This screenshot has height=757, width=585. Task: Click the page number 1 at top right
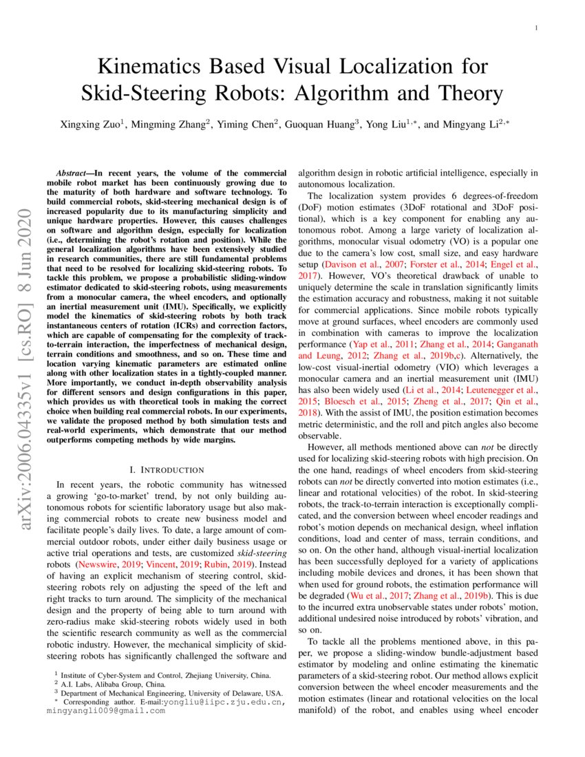click(x=535, y=28)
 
